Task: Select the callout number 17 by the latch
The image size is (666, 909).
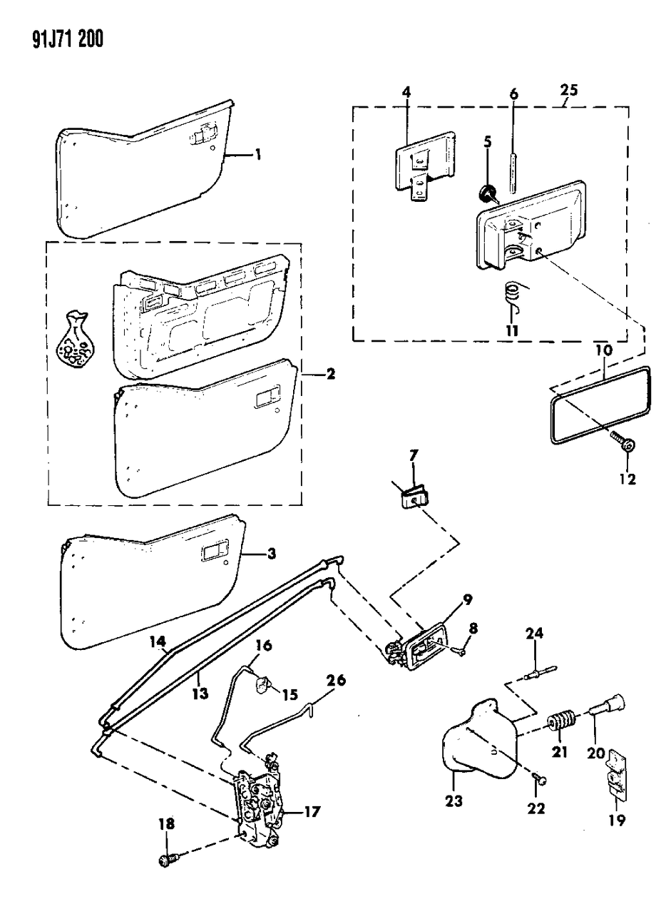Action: (x=312, y=811)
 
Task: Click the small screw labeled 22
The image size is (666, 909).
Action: (x=540, y=781)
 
